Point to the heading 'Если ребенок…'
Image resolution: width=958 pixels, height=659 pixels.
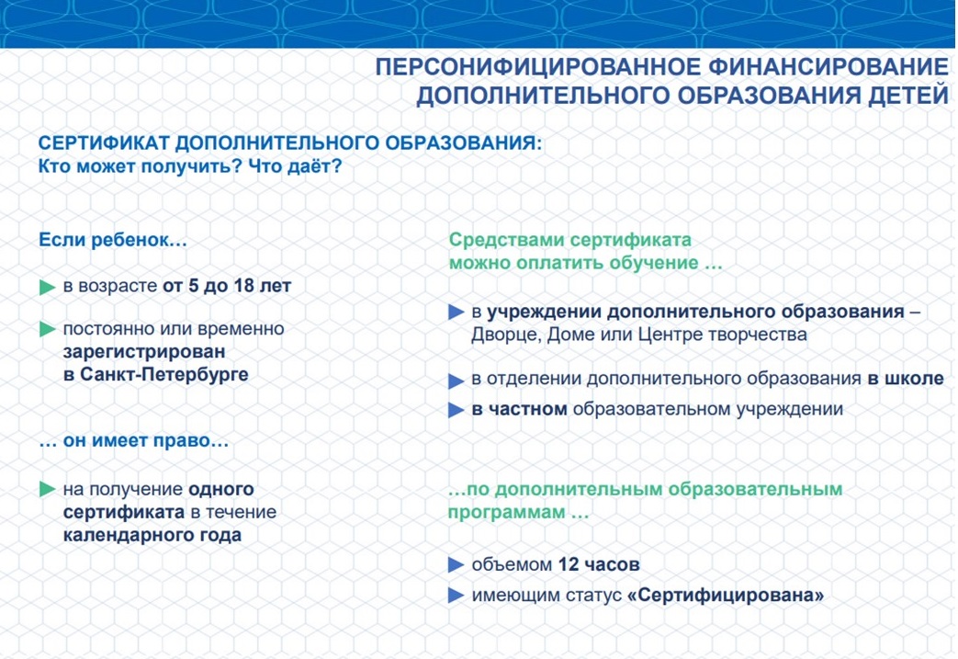pyautogui.click(x=113, y=240)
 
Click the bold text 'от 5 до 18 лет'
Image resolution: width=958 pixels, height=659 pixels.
pyautogui.click(x=227, y=286)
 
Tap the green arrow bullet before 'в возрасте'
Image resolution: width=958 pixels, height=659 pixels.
pyautogui.click(x=48, y=287)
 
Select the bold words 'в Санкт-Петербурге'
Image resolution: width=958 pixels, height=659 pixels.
pyautogui.click(x=156, y=374)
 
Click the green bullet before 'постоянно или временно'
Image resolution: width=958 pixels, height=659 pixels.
pyautogui.click(x=48, y=329)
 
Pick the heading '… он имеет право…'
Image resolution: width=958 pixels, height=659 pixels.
pyautogui.click(x=134, y=442)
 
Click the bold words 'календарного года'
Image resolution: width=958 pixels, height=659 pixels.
pyautogui.click(x=152, y=535)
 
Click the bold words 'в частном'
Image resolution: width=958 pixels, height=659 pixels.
pyautogui.click(x=520, y=409)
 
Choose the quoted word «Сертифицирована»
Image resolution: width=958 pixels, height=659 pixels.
pyautogui.click(x=726, y=596)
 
